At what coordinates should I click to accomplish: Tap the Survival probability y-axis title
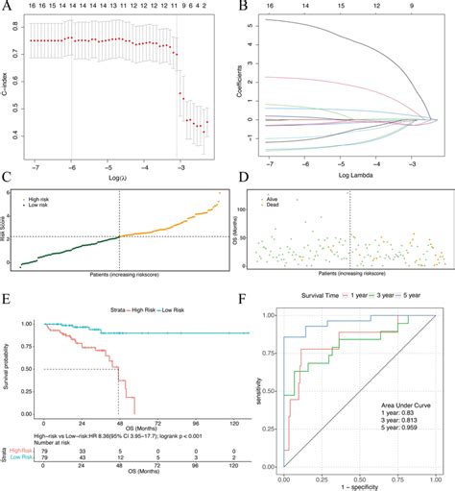(x=9, y=366)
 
